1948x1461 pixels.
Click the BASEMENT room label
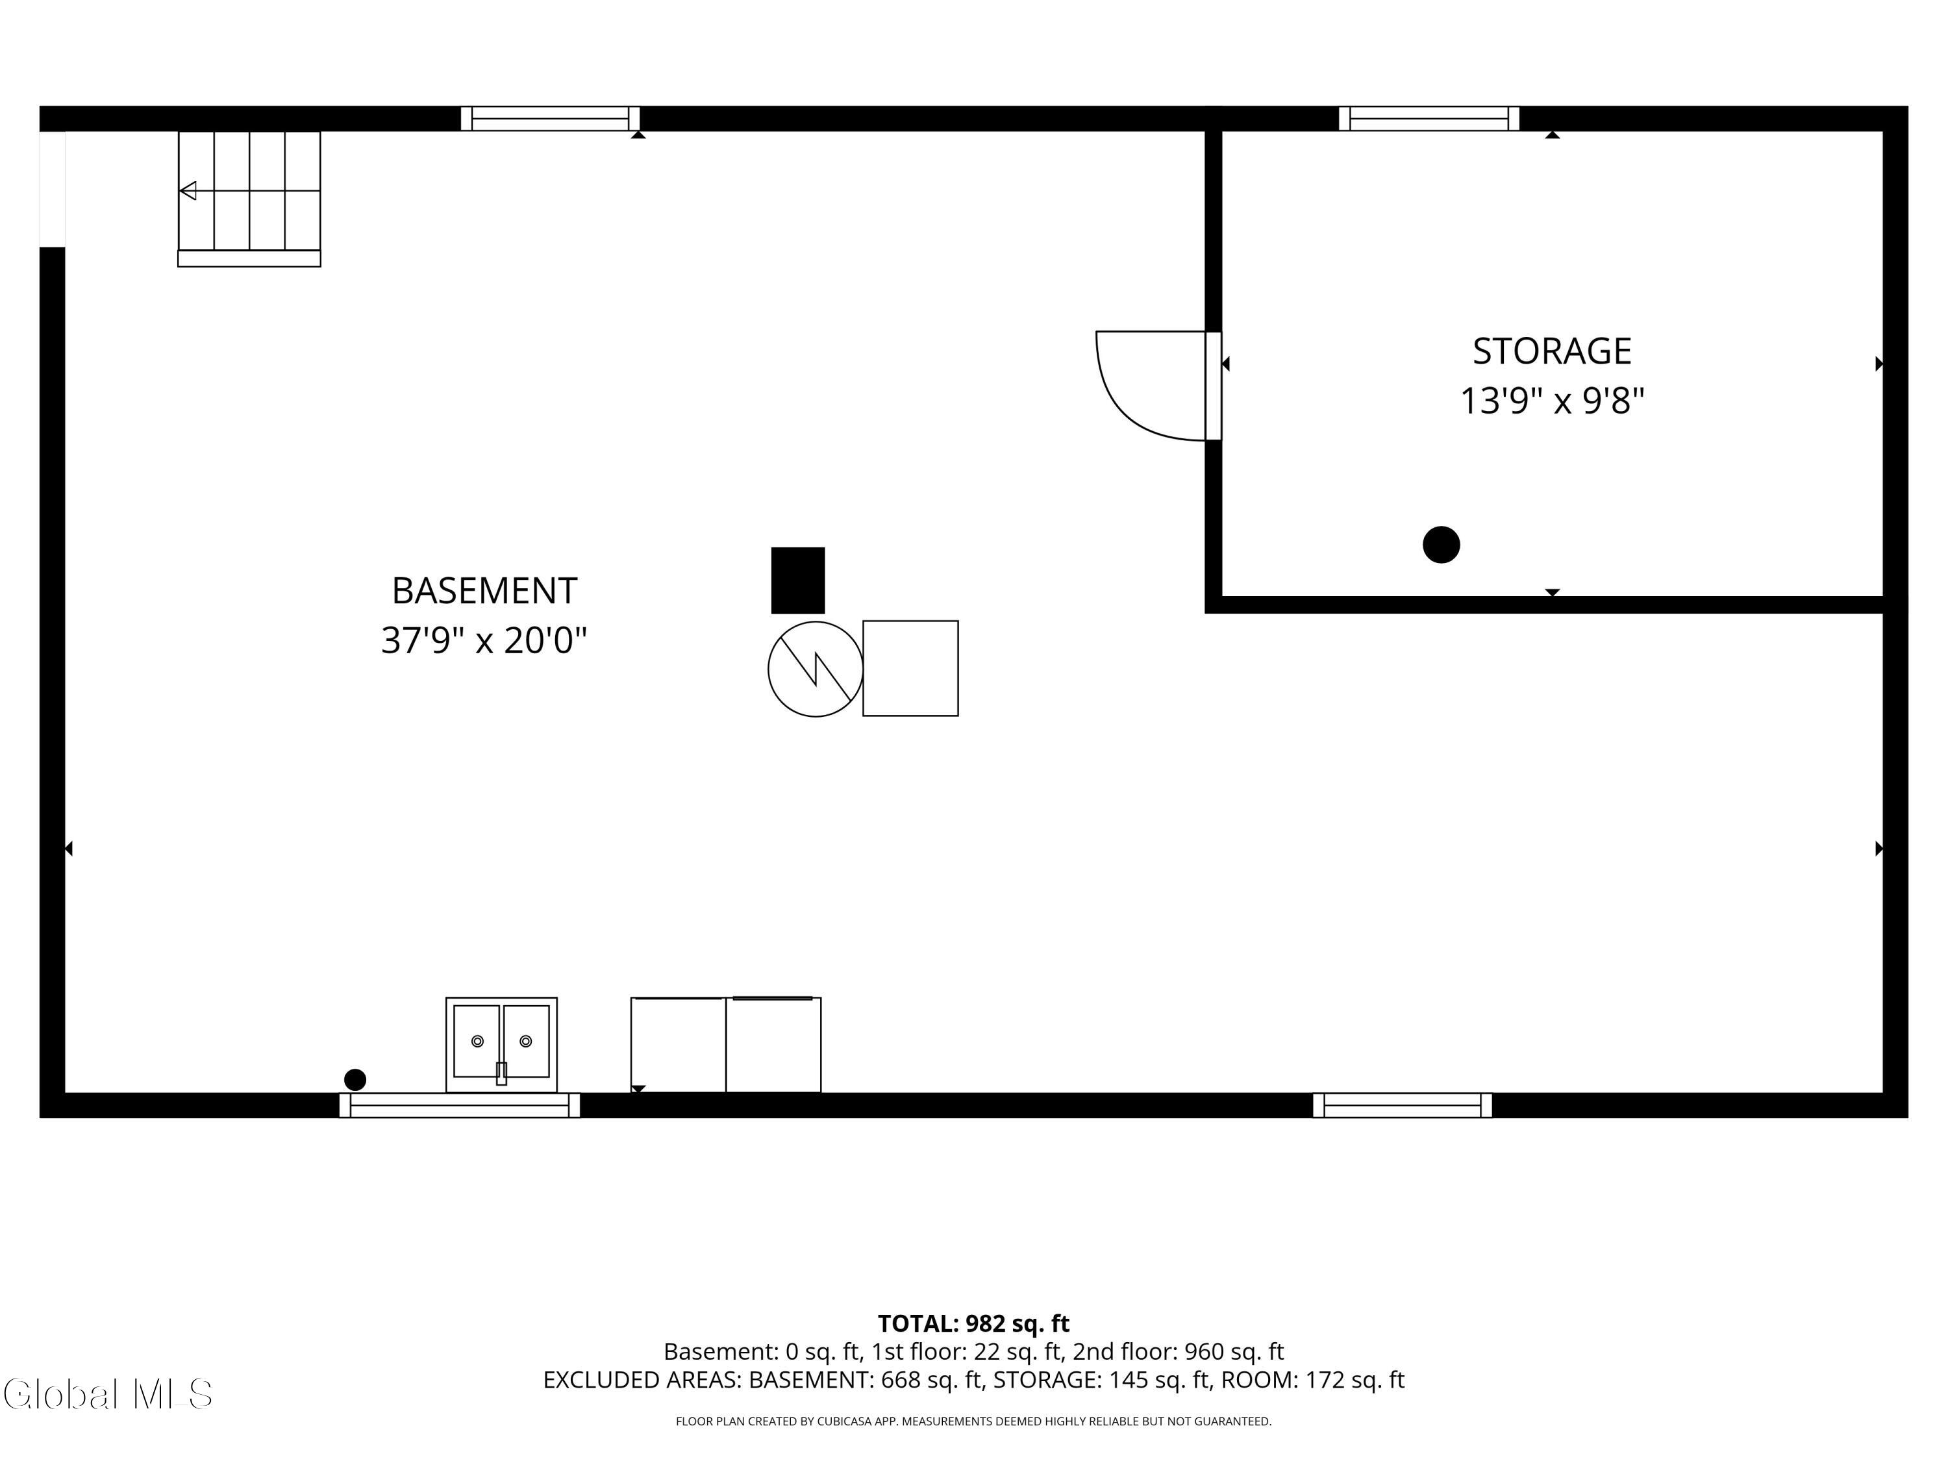(x=484, y=591)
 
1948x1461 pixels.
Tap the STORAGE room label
(x=1552, y=351)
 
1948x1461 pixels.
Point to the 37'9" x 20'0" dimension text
(x=484, y=640)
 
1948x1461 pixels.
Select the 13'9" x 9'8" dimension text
(x=1552, y=401)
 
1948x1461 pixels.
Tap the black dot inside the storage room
(x=1442, y=544)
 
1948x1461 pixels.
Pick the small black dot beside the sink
(x=355, y=1080)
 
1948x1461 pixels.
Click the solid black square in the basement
(x=798, y=581)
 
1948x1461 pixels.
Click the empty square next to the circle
(x=910, y=668)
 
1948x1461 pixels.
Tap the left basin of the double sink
(x=477, y=1041)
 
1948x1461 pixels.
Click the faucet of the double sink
(x=501, y=1073)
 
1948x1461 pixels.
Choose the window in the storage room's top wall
(x=1429, y=119)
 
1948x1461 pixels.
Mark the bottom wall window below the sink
(x=460, y=1105)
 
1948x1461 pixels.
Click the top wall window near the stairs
(x=551, y=119)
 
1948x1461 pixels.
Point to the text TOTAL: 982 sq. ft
(x=973, y=1323)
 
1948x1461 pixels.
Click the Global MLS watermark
(x=107, y=1394)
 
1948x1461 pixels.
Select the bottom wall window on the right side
(x=1403, y=1105)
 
